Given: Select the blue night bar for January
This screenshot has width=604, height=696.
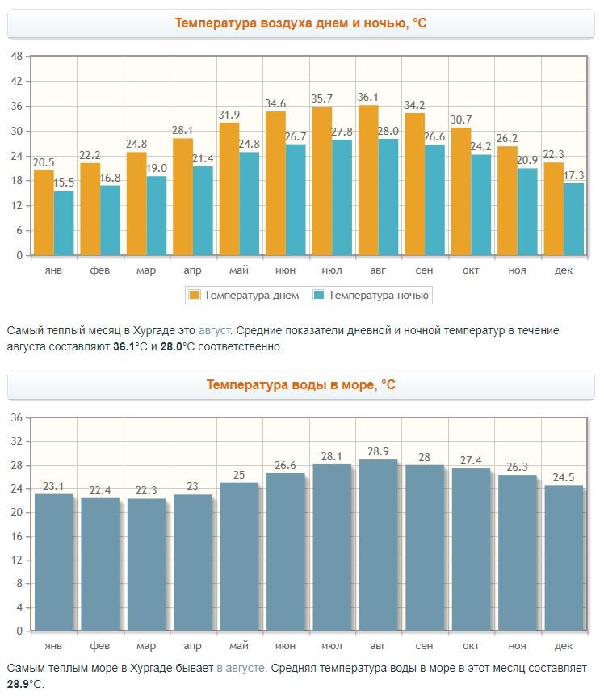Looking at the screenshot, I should tap(64, 222).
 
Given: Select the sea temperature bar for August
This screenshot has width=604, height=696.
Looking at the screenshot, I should tap(378, 545).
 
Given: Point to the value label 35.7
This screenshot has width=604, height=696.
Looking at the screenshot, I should tap(322, 99).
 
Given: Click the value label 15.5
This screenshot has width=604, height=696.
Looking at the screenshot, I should tap(65, 183).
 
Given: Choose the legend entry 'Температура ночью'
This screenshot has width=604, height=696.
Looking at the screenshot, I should tap(378, 295).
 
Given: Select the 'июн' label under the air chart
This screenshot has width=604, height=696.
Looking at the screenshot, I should tap(285, 270).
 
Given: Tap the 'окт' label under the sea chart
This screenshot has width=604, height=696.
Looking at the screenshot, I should tap(471, 646).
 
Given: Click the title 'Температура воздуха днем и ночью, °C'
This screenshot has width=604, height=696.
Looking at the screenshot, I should tap(300, 23).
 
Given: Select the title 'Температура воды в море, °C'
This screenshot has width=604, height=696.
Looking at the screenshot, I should tap(300, 385).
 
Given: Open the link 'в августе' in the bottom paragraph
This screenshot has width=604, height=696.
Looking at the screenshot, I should tap(240, 669).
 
